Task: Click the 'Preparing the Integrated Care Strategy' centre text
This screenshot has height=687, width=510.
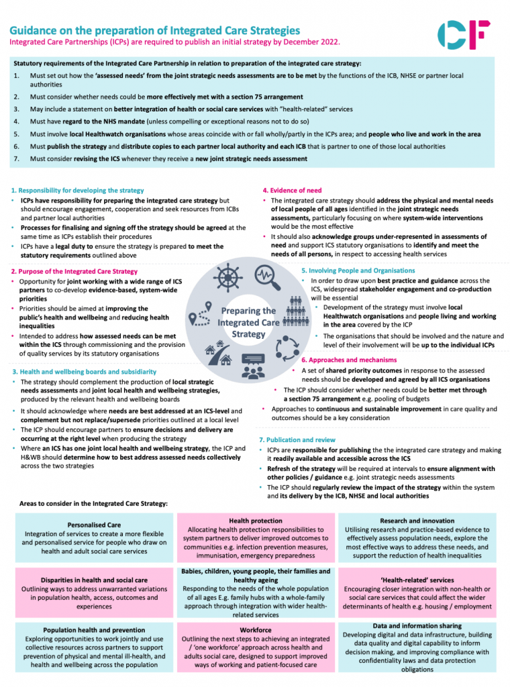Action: [x=248, y=322]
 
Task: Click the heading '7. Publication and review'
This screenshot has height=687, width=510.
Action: [x=297, y=439]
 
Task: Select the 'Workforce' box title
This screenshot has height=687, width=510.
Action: [x=256, y=630]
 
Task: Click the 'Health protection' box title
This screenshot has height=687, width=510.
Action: [x=256, y=520]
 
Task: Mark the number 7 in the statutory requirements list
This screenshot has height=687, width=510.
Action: [x=16, y=158]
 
